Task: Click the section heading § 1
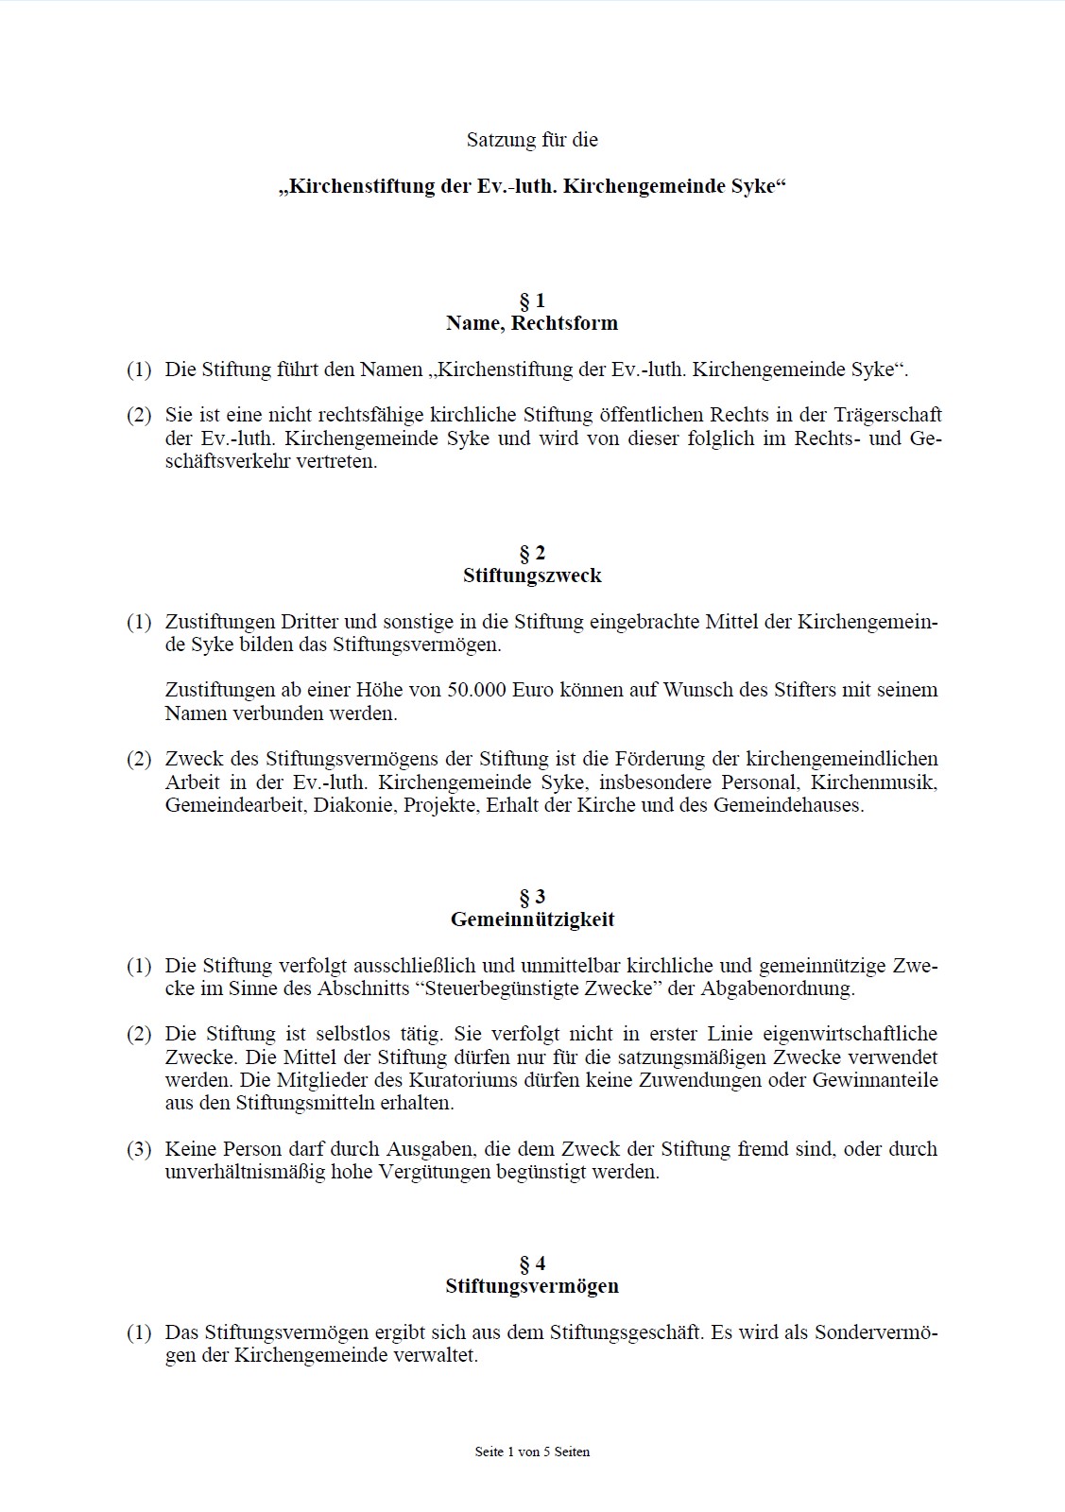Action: [x=532, y=301]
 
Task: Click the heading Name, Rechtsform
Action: [x=532, y=323]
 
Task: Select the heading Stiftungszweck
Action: [x=532, y=576]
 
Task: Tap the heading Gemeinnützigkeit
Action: [x=532, y=919]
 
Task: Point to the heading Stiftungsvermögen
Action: [x=532, y=1286]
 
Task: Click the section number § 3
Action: [x=532, y=897]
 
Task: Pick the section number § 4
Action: [x=532, y=1263]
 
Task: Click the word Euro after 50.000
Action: [x=533, y=690]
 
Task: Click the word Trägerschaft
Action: [x=886, y=415]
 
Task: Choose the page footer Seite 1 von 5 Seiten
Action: [x=532, y=1452]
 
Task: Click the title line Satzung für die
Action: [x=532, y=140]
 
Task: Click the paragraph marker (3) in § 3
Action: [x=139, y=1149]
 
